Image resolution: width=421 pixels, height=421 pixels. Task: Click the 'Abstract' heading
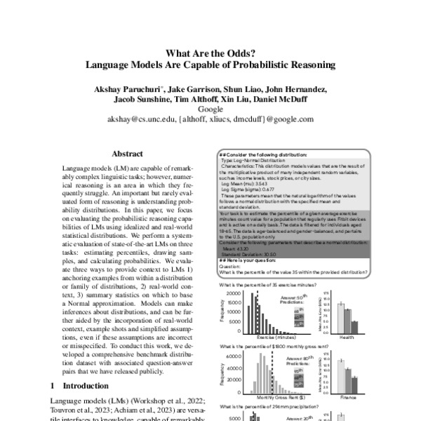127,154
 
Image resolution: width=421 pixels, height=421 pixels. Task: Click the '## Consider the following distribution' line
262,154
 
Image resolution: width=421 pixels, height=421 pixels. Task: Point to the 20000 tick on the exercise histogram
235,293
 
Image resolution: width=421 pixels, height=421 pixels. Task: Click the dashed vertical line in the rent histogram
272,372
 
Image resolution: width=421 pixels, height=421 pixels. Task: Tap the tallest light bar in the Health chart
341,315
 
